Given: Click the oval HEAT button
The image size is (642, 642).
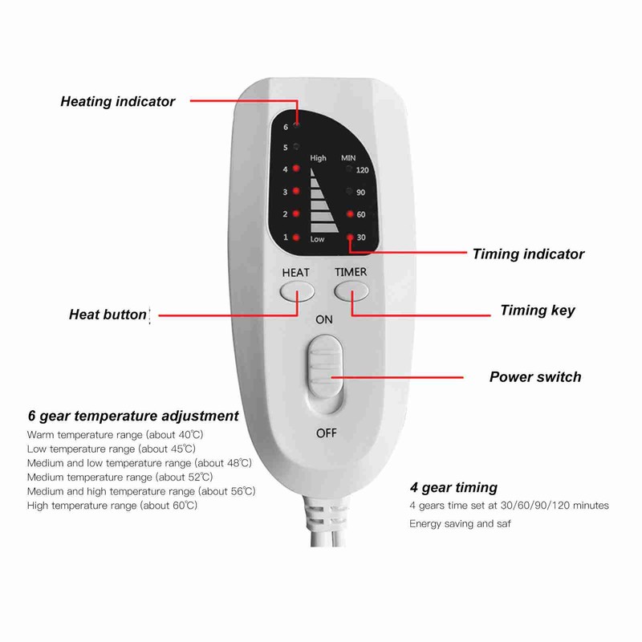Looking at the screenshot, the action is point(297,292).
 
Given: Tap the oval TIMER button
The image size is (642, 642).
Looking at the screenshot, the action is point(351,291).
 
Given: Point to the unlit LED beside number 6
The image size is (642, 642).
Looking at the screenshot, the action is point(296,125).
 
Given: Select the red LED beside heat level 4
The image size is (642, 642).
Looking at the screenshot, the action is point(296,169).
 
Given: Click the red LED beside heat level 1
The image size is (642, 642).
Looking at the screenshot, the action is point(296,237).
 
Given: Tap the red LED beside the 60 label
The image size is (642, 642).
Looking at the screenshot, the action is point(350,213).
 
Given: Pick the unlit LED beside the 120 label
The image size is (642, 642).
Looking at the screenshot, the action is point(349,169).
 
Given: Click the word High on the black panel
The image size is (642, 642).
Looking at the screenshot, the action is point(318,158).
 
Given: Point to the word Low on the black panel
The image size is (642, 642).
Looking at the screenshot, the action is point(317,239).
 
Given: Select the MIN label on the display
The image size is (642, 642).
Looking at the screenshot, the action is point(348,157).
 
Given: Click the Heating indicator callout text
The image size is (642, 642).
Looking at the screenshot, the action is point(117,102).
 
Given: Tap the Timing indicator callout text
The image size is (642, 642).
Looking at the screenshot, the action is point(528,254).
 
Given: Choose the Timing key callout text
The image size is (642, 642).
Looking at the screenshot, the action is point(537,311).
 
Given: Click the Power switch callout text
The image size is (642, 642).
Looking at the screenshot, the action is point(535,376).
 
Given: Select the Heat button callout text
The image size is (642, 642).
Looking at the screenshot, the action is point(108,315).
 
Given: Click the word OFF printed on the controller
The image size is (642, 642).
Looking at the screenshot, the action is point(327,433).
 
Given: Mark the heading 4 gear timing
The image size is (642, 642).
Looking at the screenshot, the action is point(453,488).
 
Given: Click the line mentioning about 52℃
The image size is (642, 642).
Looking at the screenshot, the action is point(120,477).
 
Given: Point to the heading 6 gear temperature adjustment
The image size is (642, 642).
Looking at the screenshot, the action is point(133,416).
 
